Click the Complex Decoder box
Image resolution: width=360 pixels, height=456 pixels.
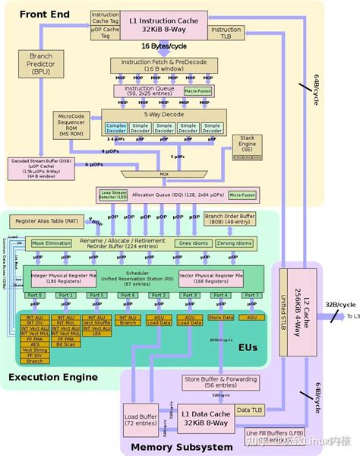pyautogui.click(x=116, y=128)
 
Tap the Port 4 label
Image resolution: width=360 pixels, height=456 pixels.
pyautogui.click(x=220, y=295)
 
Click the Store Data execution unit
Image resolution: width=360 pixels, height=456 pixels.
pyautogui.click(x=220, y=317)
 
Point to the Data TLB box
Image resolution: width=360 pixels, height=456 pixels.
pyautogui.click(x=248, y=411)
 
